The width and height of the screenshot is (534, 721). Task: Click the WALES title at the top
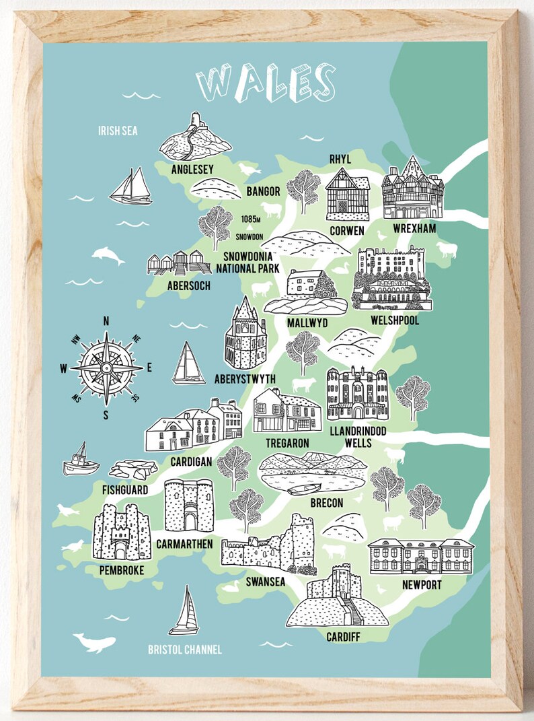tap(266, 83)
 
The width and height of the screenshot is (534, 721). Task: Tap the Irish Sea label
tap(117, 131)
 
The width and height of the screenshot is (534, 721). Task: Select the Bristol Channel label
tap(184, 650)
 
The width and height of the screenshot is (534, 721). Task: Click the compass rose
tap(106, 368)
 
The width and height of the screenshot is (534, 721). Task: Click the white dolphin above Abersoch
tap(108, 254)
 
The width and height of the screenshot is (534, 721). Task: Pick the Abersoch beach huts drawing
tap(178, 263)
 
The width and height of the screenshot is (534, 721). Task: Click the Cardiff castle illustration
tap(336, 599)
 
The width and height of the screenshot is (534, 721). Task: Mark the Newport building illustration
tap(420, 555)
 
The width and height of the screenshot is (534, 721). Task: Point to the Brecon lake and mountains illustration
tap(313, 472)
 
